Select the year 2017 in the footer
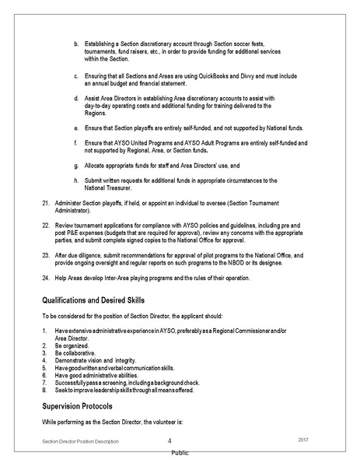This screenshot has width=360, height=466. [304, 440]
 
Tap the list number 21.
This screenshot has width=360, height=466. [45, 202]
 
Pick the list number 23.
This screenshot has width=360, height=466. [45, 255]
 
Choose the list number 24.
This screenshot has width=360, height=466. [45, 278]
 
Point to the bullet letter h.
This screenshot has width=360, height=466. [76, 180]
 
